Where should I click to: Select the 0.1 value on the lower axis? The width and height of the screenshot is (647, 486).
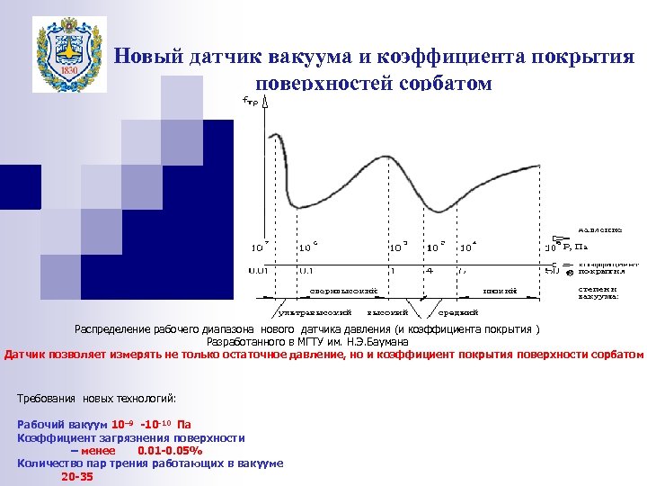coord(306,269)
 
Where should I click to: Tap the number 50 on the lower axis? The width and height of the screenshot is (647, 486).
coord(552,269)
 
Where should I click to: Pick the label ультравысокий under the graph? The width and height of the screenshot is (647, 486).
coord(306,312)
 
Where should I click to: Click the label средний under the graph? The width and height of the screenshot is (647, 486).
coord(451,312)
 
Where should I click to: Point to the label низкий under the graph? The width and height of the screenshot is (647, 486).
coord(492,291)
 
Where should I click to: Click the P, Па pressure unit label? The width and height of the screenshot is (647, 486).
coord(574,246)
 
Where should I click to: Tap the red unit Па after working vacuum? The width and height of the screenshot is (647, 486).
coord(184,424)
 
